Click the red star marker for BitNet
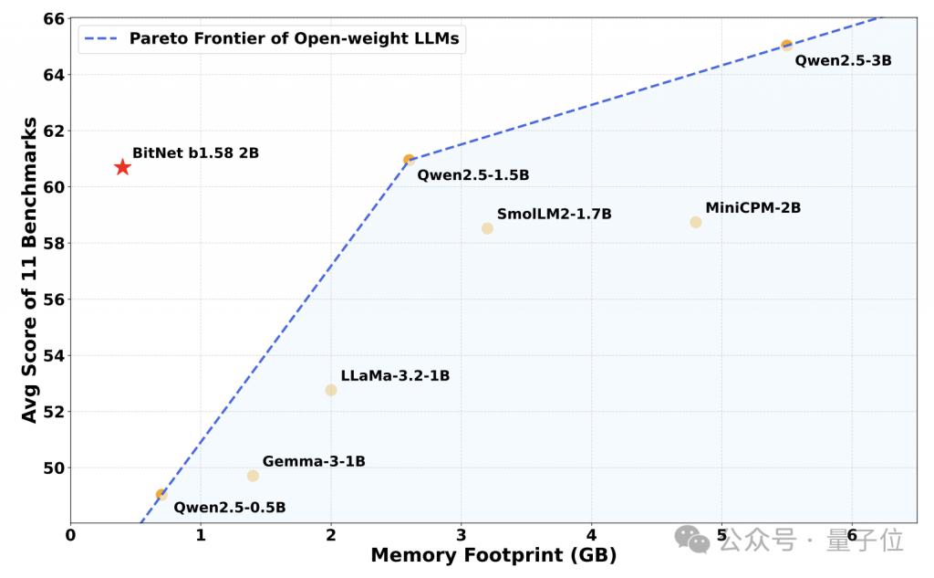point(122,167)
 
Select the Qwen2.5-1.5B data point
point(409,160)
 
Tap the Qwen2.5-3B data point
point(786,45)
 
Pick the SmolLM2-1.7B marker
point(487,228)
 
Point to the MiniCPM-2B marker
point(696,223)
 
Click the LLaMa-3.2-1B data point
point(331,390)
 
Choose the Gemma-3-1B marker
point(253,476)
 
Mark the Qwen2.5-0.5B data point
point(161,495)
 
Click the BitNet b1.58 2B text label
point(195,153)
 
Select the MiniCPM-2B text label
point(752,208)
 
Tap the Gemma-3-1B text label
point(314,462)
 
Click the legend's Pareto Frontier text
point(295,38)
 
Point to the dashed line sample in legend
point(101,39)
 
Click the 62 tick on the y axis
point(54,131)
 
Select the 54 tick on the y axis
point(54,355)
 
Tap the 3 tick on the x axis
point(461,535)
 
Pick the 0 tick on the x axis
point(71,535)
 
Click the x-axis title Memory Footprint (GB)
point(493,555)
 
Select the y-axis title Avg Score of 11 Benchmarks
point(29,270)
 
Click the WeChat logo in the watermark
point(691,540)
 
